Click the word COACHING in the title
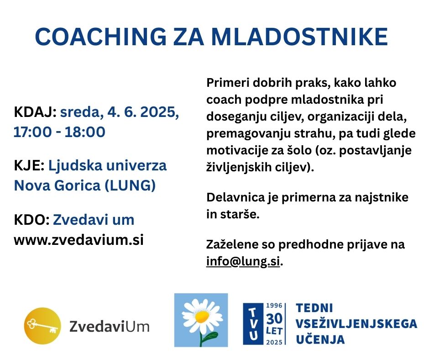tap(101, 37)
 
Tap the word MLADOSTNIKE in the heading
tap(299, 37)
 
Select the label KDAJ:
tap(35, 112)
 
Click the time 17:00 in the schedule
tap(32, 132)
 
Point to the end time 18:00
tap(85, 132)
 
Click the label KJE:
tap(29, 165)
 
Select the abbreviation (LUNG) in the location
tap(130, 185)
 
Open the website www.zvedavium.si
tap(79, 240)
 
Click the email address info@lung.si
tap(243, 261)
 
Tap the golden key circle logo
tap(42, 326)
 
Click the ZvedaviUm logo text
tap(110, 327)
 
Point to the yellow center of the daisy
tap(202, 317)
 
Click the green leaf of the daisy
tap(211, 336)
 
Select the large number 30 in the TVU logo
tap(274, 319)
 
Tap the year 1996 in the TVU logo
tap(274, 306)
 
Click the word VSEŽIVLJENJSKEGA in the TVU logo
tap(356, 324)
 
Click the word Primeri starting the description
tap(228, 83)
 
